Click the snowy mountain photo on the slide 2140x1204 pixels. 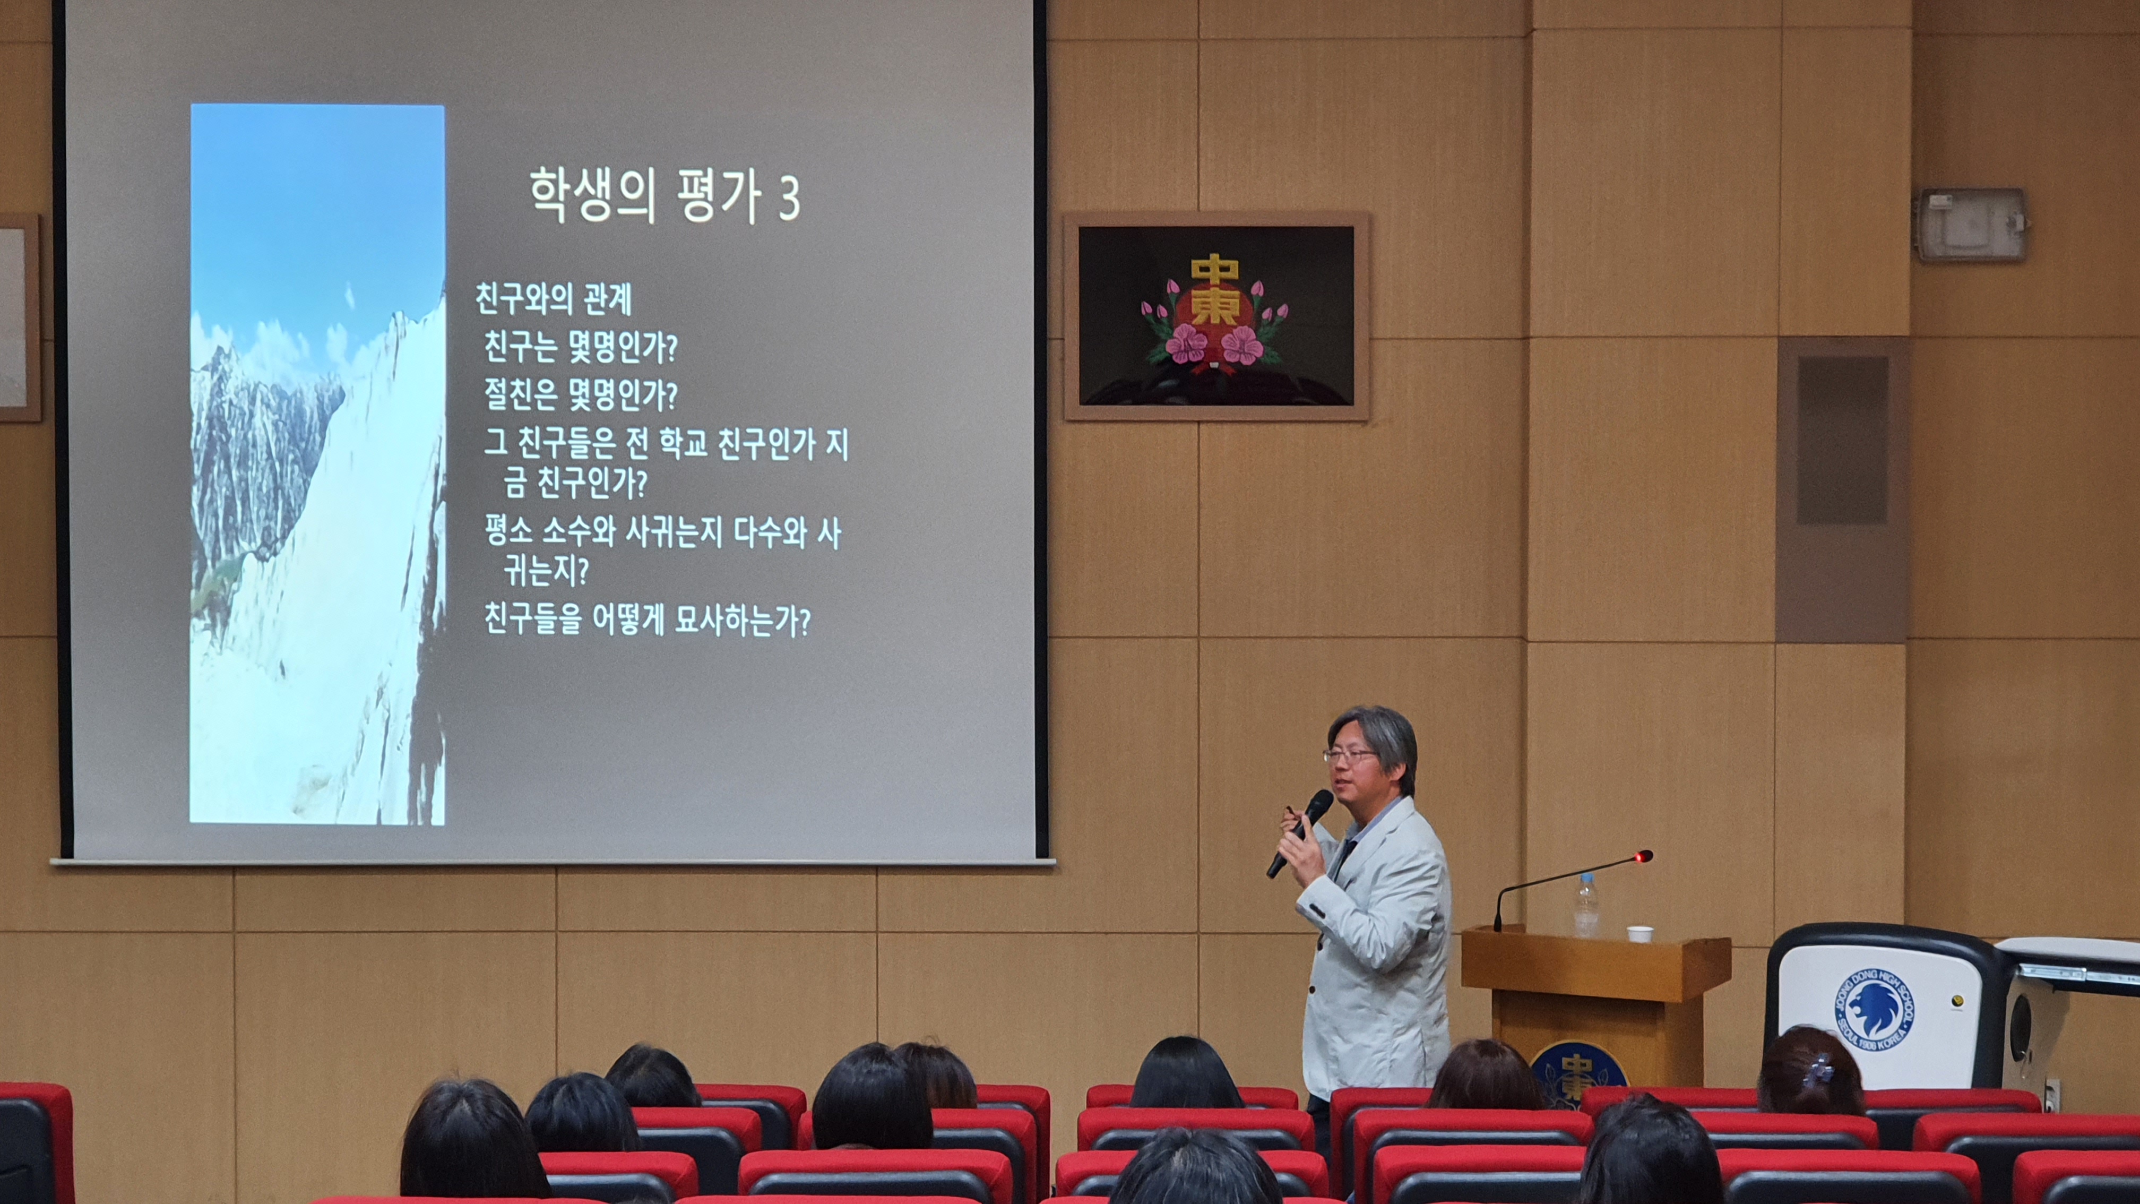coord(317,463)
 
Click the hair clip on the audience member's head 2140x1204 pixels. coord(1824,1068)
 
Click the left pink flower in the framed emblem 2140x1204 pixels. coord(1186,343)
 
